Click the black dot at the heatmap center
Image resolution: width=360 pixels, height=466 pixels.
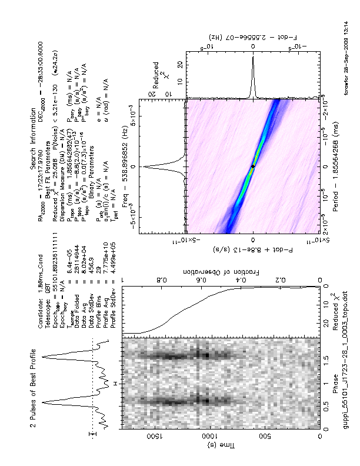point(254,167)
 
